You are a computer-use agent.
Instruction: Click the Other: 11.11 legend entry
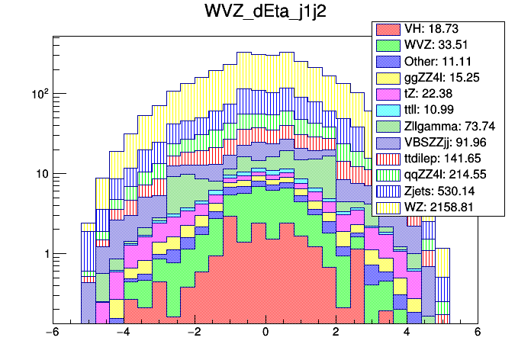436,62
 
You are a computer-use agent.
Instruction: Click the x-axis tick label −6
52,333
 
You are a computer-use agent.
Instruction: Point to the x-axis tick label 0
265,333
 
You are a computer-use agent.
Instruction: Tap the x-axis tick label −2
194,333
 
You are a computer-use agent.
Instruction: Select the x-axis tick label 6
478,333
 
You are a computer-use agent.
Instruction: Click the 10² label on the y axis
40,94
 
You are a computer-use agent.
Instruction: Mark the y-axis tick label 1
44,254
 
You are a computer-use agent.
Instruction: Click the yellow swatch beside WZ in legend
388,207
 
